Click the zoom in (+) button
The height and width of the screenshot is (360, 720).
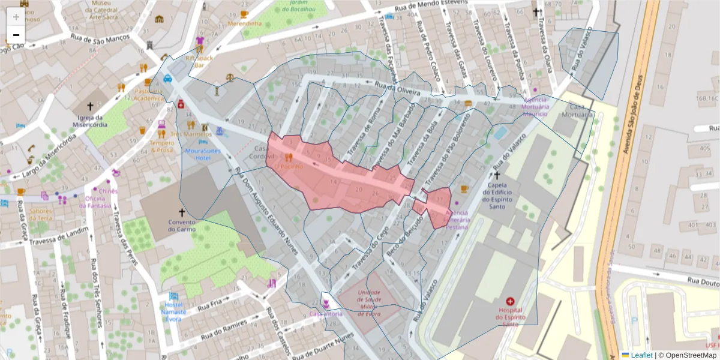16,17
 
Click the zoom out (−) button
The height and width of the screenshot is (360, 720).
16,35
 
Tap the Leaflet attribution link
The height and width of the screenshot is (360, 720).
641,355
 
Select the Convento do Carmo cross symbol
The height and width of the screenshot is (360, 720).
182,212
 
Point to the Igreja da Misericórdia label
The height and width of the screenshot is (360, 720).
89,121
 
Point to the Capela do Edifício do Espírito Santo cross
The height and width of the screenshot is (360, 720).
496,175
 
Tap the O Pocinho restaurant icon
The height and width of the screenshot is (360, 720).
289,157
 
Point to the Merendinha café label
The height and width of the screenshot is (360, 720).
245,23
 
